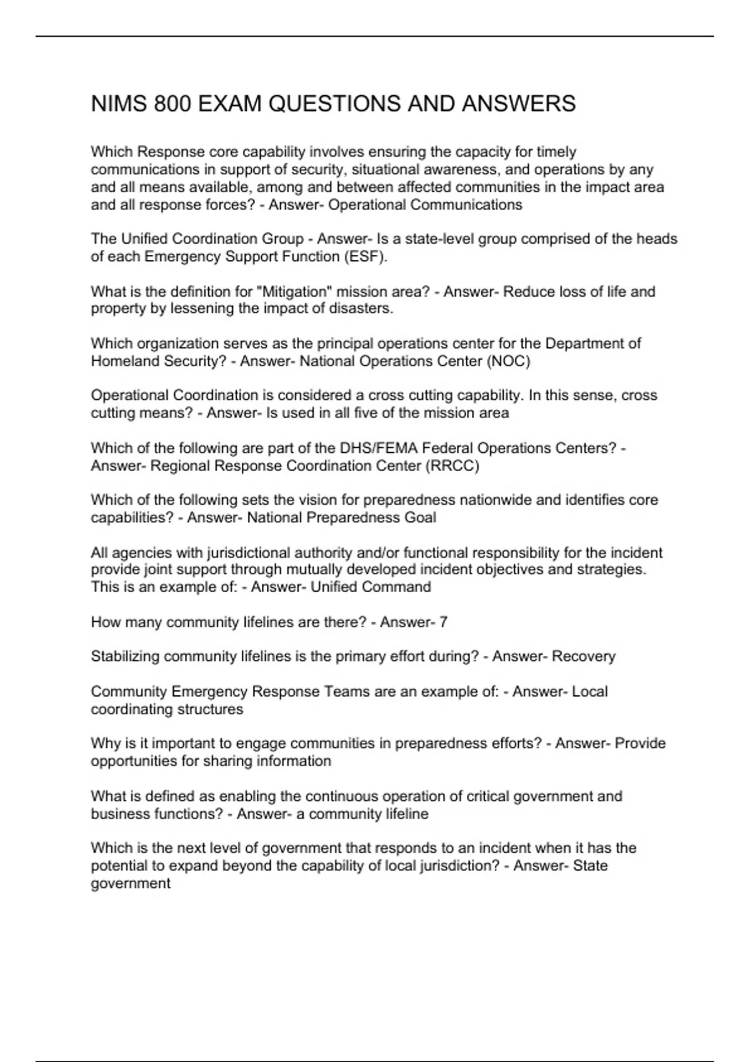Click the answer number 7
coord(443,622)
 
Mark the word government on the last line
coord(131,884)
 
